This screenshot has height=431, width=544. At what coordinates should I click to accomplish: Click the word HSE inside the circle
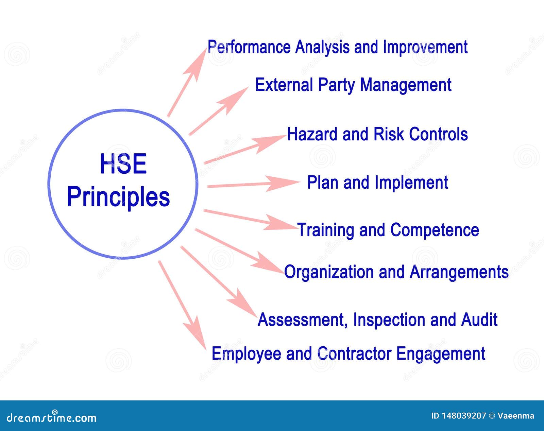point(123,164)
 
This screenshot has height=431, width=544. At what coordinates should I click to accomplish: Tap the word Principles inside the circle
point(118,197)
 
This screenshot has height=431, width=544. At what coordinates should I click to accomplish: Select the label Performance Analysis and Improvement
point(338,47)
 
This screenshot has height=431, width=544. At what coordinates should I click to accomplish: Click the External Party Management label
point(353,85)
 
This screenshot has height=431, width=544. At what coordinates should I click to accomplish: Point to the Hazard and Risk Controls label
point(377,134)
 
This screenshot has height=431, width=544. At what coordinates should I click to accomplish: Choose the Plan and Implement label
point(378,183)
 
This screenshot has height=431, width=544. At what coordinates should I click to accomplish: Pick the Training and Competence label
point(388,230)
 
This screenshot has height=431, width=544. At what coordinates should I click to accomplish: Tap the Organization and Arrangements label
point(396,272)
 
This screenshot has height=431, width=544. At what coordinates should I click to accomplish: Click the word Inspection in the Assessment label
point(390,320)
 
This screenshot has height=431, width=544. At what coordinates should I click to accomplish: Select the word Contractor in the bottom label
point(354,354)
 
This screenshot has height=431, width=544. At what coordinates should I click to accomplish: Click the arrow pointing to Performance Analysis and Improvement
point(187,82)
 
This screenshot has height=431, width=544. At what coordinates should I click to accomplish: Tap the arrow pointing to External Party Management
point(219,111)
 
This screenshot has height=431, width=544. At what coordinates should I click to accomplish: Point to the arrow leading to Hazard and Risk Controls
point(245,149)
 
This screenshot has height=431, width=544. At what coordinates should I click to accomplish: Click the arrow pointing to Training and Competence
point(251,220)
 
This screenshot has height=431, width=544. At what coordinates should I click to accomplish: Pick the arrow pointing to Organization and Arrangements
point(239,251)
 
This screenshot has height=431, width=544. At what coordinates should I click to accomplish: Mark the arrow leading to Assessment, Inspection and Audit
point(219,281)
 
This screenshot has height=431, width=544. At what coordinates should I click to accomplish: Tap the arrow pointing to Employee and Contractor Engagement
point(182,305)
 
